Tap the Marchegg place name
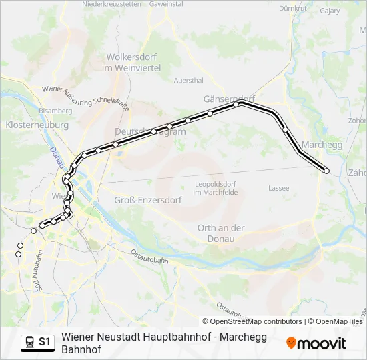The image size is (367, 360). point(322,145)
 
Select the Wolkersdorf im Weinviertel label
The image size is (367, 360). point(131,63)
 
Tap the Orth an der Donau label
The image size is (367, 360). point(221,233)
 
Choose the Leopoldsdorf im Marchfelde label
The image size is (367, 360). point(216,188)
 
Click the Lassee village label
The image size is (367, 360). point(278,188)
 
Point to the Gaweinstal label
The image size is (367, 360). point(167,4)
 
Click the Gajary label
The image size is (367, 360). point(330,11)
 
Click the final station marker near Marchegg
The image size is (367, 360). point(327,171)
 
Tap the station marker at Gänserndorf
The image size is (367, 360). point(236,105)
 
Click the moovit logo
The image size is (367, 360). point(316,343)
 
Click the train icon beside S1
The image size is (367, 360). point(29,342)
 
